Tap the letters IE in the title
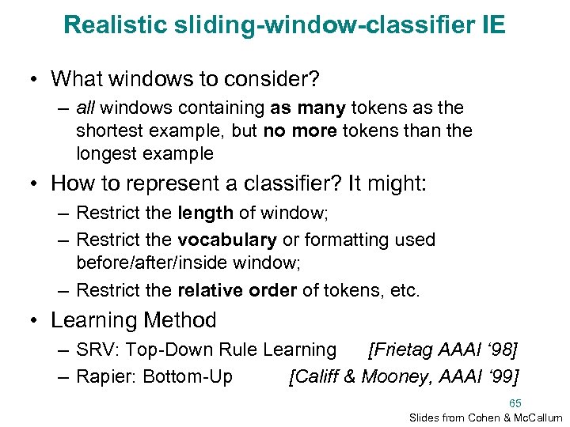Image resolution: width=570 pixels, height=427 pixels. pyautogui.click(x=491, y=25)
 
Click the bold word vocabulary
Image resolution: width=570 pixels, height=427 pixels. pyautogui.click(x=227, y=239)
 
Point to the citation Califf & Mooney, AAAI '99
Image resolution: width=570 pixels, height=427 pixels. pyautogui.click(x=405, y=376)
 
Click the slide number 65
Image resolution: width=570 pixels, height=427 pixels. pyautogui.click(x=515, y=402)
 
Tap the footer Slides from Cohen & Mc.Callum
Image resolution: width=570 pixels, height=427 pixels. pyautogui.click(x=485, y=417)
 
